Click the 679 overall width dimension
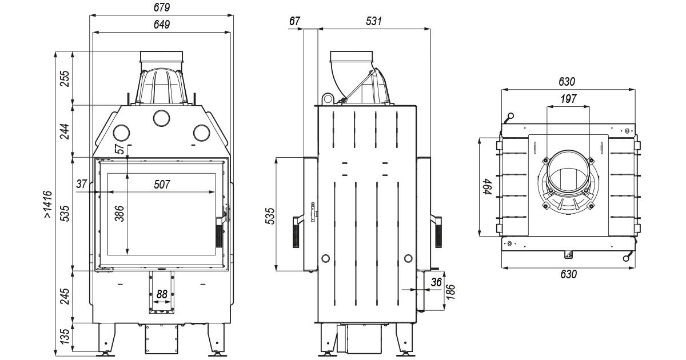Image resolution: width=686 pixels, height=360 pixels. coord(161,7)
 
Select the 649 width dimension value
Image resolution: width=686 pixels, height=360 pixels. coord(161,24)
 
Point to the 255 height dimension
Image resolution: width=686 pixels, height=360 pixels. coord(65,78)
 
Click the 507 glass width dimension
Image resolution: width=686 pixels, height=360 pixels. coord(163,184)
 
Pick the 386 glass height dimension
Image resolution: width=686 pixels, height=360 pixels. coord(119,214)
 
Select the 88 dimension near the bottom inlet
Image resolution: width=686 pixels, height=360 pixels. coord(162,294)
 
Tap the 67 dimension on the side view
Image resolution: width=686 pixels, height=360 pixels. coord(295,21)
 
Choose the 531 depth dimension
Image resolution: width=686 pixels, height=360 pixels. coord(373,21)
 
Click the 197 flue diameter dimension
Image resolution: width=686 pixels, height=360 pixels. coord(568,99)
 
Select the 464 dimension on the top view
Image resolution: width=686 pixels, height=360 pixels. coord(486,186)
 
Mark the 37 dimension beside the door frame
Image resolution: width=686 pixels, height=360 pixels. coord(82,183)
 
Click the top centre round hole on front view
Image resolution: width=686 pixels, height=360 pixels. coord(161,118)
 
